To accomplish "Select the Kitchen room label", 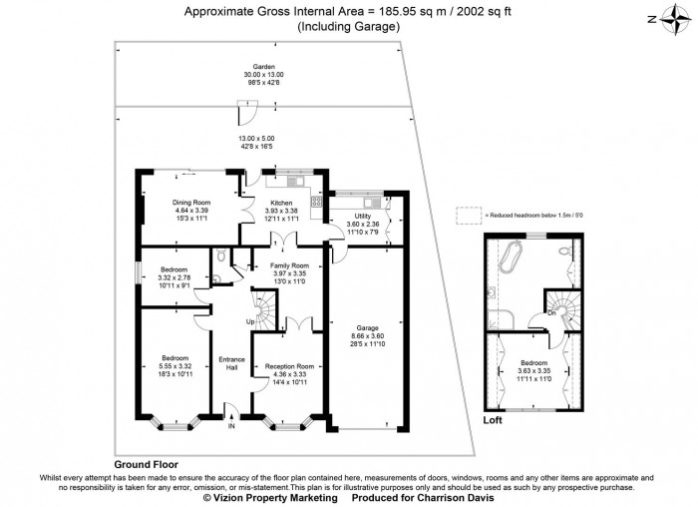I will tap(281, 203).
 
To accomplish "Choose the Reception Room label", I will tap(290, 366).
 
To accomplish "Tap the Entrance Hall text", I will tap(231, 363).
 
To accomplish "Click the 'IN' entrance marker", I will tap(231, 426).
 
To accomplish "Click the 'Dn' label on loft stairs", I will tap(551, 312).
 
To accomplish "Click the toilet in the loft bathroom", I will tap(564, 251).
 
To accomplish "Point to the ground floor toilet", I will tap(216, 262).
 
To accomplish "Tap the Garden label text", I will tap(263, 67).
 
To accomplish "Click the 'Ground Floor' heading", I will tap(146, 465).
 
